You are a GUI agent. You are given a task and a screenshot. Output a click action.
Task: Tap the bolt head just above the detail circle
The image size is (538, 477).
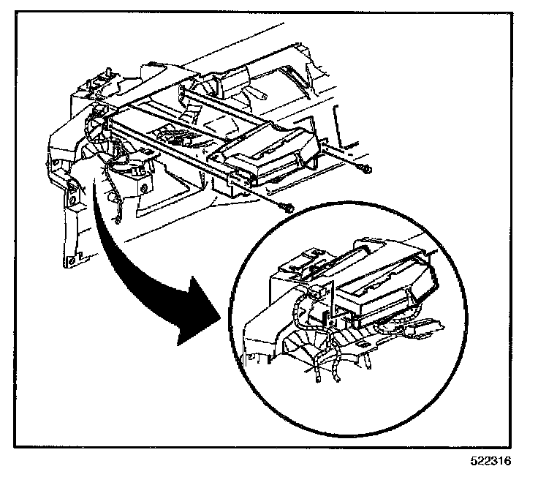click(290, 208)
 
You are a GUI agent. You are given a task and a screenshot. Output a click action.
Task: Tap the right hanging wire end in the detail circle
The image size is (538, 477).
click(338, 380)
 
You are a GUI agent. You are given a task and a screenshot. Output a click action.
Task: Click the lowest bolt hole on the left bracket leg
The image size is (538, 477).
click(70, 259)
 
